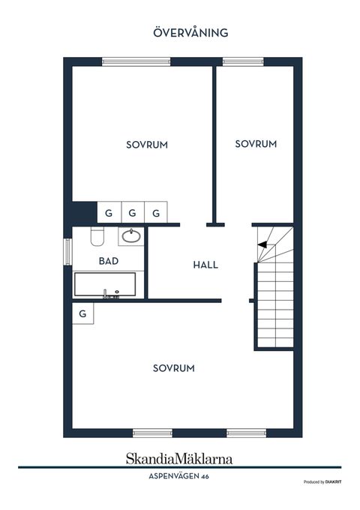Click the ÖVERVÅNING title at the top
(190, 32)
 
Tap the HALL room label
(205, 265)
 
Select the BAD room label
(109, 261)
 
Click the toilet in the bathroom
(97, 236)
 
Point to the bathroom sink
(131, 235)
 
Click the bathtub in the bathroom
(105, 284)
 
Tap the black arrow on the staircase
(262, 244)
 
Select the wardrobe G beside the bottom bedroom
(83, 313)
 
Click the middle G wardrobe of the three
(132, 213)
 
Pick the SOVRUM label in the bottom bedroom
(174, 368)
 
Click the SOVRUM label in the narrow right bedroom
(256, 144)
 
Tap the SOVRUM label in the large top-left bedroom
(147, 145)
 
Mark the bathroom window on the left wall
(67, 252)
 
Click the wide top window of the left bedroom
(136, 61)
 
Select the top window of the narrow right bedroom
(243, 61)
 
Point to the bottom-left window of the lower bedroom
(152, 433)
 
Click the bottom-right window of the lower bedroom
(247, 433)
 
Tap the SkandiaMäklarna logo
(179, 458)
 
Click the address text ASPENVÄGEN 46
(178, 476)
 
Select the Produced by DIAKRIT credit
(322, 482)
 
